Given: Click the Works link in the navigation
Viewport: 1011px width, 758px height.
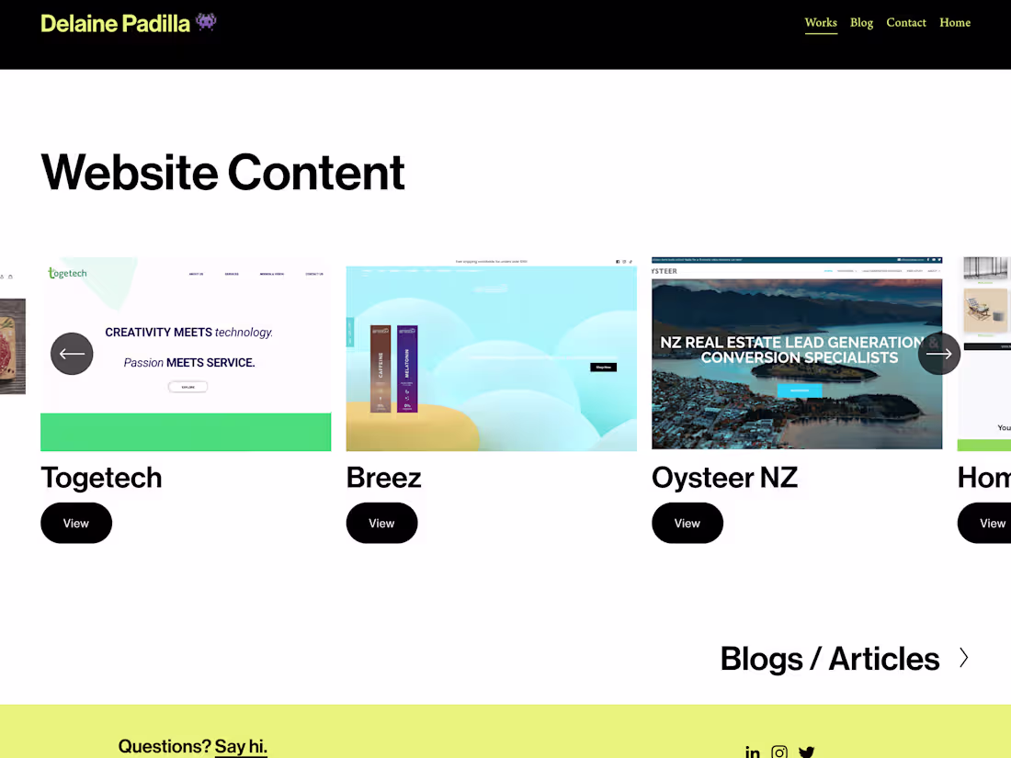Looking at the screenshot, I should click(x=821, y=23).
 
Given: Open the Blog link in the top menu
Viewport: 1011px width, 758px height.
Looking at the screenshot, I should click(x=861, y=23).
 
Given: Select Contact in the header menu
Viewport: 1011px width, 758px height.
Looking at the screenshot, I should click(x=905, y=23).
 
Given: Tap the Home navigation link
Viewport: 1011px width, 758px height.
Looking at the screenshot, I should click(x=954, y=23).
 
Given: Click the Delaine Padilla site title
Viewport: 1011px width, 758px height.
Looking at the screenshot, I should click(x=115, y=23).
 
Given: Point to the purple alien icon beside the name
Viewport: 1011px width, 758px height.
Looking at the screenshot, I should click(x=206, y=21).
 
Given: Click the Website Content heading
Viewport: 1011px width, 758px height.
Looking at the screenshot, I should click(x=222, y=172).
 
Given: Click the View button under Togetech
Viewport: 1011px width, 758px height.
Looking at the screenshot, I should click(x=76, y=524).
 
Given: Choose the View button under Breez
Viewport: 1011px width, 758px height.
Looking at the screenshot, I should click(x=381, y=524).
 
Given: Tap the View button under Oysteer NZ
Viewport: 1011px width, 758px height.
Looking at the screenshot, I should click(x=687, y=524).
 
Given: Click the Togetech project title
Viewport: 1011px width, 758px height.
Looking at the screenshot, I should click(x=101, y=478).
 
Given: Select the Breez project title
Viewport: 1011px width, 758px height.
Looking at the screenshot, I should click(x=383, y=478).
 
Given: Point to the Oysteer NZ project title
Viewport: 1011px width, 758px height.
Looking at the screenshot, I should click(x=724, y=478).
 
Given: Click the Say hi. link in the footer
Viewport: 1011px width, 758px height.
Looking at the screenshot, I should click(x=241, y=746).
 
